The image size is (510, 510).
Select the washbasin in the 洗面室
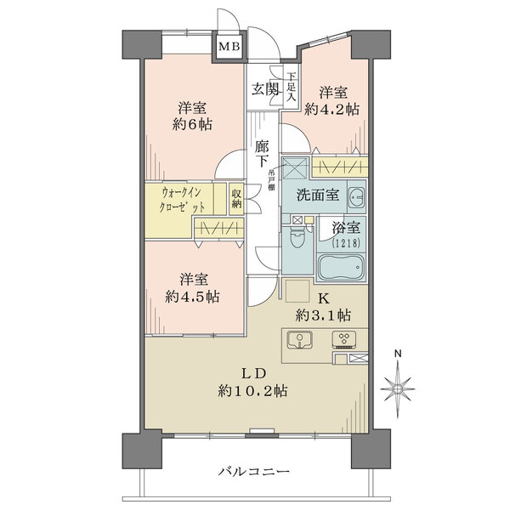(x=356, y=196)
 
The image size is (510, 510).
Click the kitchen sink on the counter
(x=301, y=342)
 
